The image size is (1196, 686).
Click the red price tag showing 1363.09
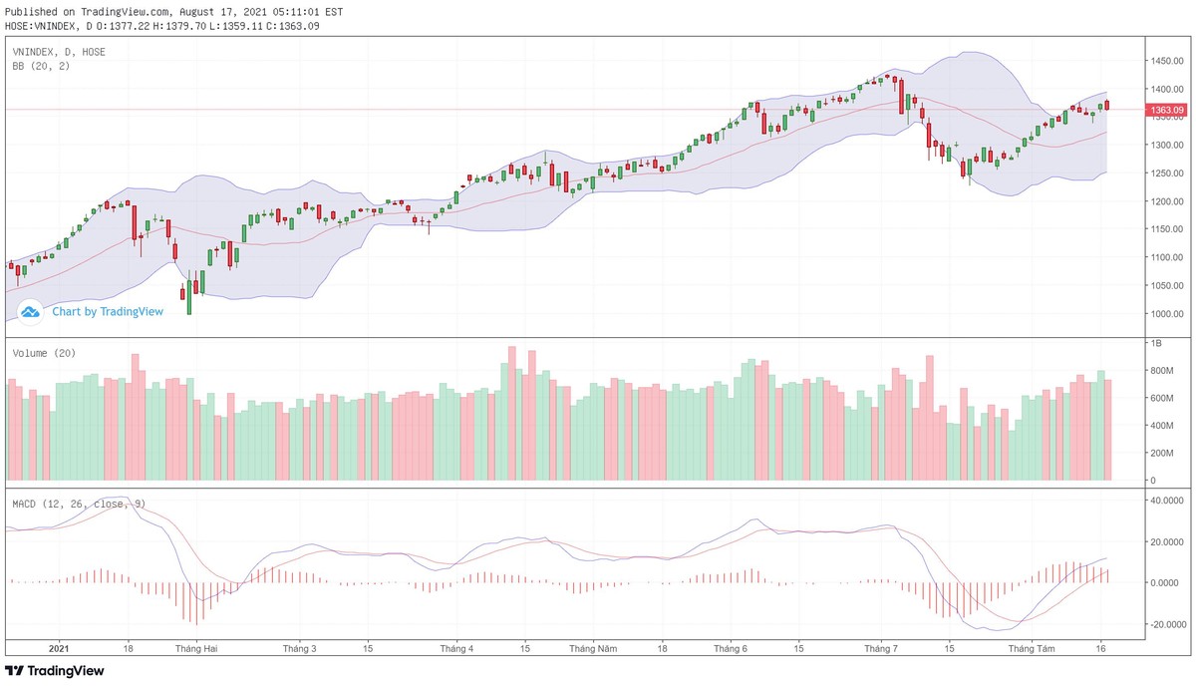pyautogui.click(x=1165, y=110)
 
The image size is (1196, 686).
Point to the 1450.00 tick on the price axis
pyautogui.click(x=1165, y=61)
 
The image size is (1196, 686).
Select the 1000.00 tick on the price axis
pyautogui.click(x=1165, y=314)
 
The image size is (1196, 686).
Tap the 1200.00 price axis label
pyautogui.click(x=1165, y=201)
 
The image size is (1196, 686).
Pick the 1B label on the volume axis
pyautogui.click(x=1156, y=343)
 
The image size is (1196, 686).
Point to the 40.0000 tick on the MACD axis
pyautogui.click(x=1166, y=501)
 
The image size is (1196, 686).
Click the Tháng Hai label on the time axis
pyautogui.click(x=196, y=648)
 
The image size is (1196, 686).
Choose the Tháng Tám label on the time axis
pyautogui.click(x=1031, y=648)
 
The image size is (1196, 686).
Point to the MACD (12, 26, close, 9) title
pyautogui.click(x=79, y=504)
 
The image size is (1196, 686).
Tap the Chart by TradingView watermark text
pyautogui.click(x=107, y=311)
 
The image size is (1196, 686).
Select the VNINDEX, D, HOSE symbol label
pyautogui.click(x=58, y=52)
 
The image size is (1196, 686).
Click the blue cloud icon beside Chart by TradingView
pyautogui.click(x=30, y=312)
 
